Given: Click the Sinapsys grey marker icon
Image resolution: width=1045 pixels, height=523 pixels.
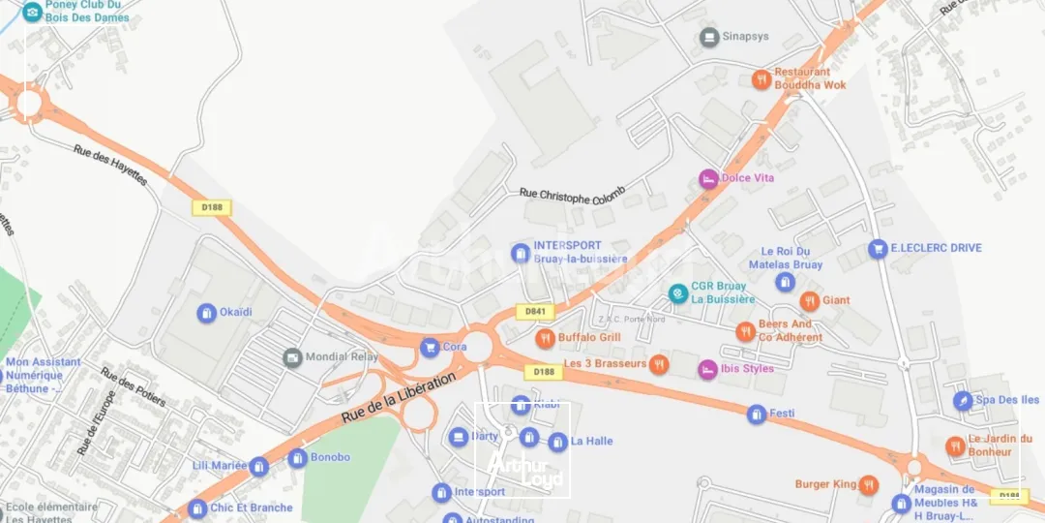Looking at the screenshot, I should (709, 37).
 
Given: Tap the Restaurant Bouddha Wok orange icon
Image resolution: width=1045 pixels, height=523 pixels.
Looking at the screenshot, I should (761, 79).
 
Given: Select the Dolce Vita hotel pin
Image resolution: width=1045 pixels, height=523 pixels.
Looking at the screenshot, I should (709, 179).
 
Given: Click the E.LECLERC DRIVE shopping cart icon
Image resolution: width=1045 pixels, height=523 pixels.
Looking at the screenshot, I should (878, 249).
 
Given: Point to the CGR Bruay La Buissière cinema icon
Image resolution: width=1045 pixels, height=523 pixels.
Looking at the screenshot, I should (678, 292).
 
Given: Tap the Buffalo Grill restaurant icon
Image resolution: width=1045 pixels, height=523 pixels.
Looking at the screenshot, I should (545, 338).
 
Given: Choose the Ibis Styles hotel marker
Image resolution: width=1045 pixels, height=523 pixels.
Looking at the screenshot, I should (708, 369).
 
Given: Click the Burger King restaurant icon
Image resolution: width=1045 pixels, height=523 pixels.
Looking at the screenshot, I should (869, 484).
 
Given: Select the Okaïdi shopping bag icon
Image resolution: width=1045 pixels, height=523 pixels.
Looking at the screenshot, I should (206, 313).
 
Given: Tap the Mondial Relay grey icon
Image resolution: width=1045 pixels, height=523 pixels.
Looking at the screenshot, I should (292, 357).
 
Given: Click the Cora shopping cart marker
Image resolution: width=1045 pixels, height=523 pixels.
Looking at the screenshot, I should (430, 347).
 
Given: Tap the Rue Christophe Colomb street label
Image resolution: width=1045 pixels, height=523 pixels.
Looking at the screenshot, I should (572, 195).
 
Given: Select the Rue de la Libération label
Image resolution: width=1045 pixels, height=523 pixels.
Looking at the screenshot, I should (398, 398).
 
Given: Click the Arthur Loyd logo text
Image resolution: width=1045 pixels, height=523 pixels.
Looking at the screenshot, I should (523, 471).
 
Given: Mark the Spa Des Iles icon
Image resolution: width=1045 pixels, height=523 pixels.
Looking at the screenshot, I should (963, 400).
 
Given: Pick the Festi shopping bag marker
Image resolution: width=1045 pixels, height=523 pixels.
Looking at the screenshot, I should (757, 415).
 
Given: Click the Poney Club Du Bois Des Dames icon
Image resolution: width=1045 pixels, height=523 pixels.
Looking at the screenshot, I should (32, 12).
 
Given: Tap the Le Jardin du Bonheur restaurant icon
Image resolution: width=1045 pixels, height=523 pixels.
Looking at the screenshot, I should (955, 446).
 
